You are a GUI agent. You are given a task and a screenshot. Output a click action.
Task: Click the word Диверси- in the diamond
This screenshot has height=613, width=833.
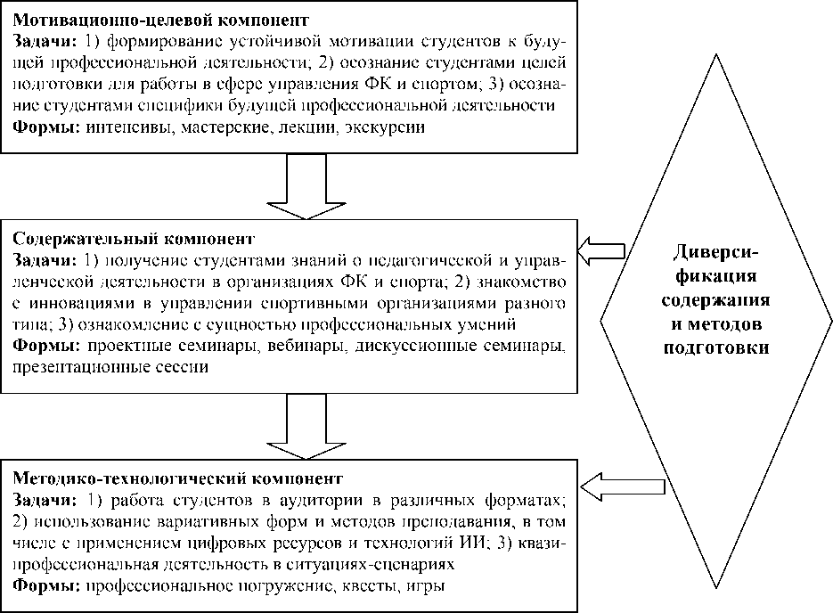point(716,252)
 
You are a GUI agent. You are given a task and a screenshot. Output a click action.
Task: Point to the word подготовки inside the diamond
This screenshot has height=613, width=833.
point(716,348)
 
